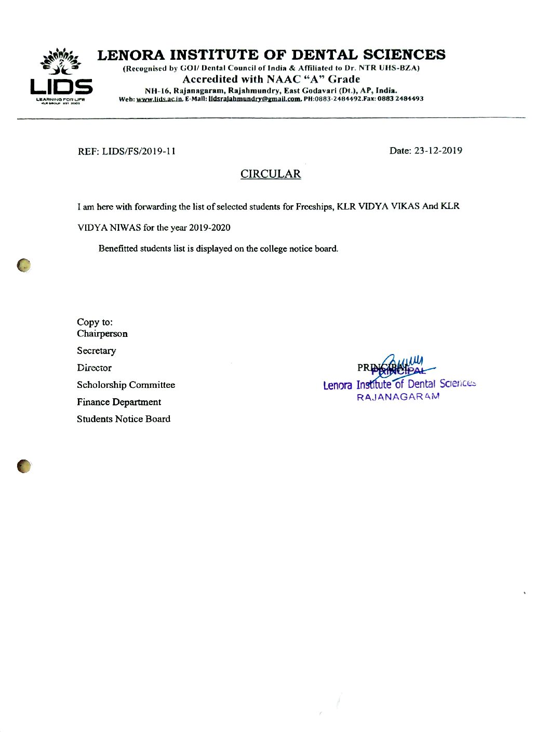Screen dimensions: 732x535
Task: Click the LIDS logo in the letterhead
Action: [61, 76]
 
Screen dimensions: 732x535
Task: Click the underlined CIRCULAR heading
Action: [271, 174]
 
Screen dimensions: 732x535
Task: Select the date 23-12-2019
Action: [438, 151]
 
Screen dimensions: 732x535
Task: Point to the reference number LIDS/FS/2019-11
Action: [139, 151]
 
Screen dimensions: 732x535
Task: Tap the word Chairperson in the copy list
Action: [102, 334]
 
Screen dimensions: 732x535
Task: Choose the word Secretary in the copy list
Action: [97, 351]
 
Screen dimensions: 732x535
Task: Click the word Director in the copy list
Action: [94, 368]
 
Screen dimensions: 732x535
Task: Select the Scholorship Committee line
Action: [126, 385]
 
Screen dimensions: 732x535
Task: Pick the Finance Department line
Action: [119, 402]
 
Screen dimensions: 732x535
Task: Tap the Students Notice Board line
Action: [124, 419]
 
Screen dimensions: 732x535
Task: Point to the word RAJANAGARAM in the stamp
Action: [398, 397]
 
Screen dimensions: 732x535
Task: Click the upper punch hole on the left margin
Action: [23, 265]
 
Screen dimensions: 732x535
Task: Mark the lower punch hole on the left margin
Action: [23, 466]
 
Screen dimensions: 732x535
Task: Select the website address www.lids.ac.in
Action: [160, 99]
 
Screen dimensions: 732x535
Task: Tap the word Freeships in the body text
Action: [314, 206]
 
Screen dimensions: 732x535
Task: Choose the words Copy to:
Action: [95, 322]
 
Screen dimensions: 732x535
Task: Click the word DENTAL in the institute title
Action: [325, 55]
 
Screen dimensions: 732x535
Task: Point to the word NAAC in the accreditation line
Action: [284, 80]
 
